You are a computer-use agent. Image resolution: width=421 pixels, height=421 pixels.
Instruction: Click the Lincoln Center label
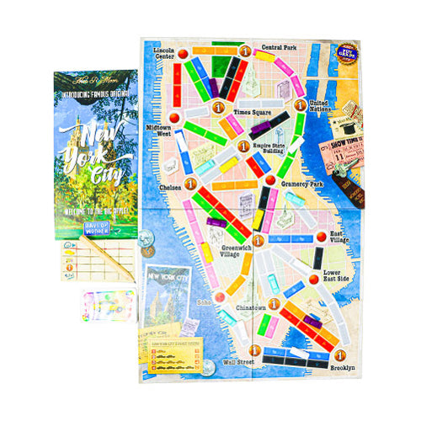tap(164, 53)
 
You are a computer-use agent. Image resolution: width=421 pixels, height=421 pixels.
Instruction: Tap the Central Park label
tap(279, 47)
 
